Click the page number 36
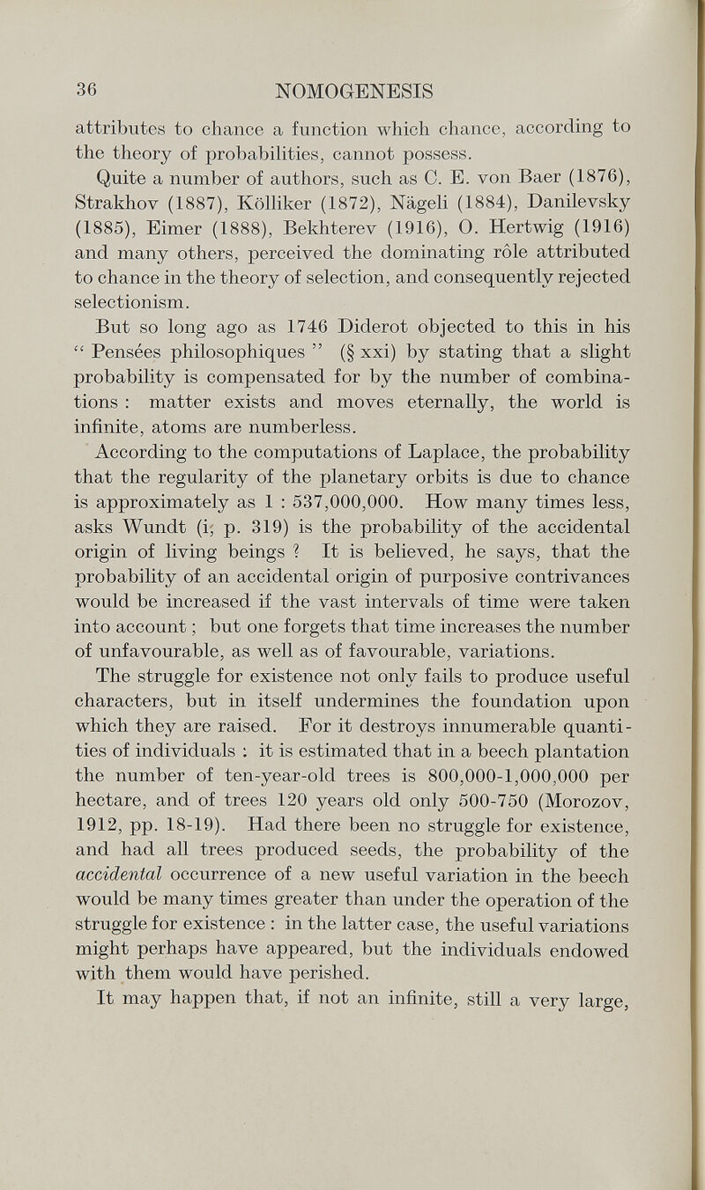click(x=85, y=87)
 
